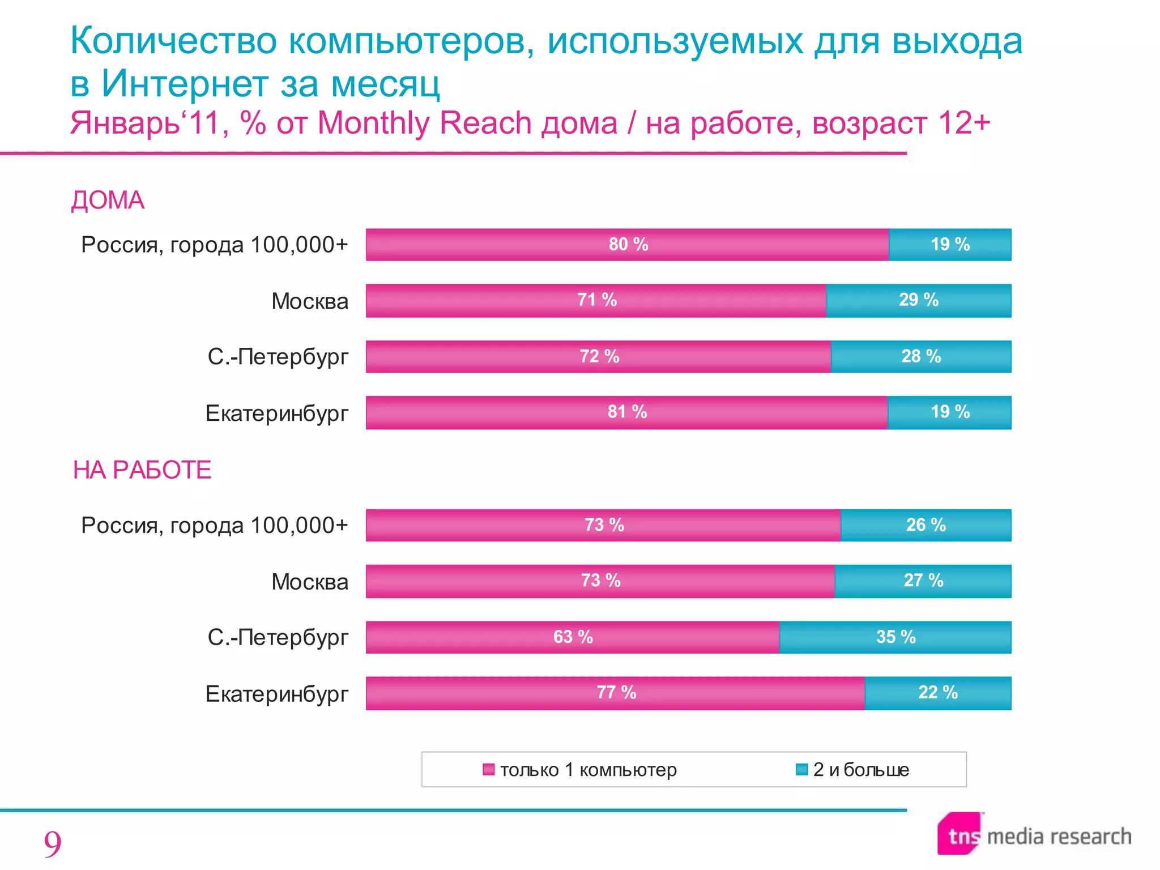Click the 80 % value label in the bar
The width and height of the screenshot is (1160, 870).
point(628,245)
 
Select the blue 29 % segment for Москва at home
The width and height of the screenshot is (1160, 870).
point(918,300)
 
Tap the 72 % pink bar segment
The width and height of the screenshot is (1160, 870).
point(598,356)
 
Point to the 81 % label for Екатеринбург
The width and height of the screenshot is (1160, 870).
point(627,412)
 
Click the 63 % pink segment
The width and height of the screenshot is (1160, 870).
point(572,637)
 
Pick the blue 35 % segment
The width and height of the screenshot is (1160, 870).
point(895,637)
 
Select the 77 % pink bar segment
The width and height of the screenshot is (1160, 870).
point(615,692)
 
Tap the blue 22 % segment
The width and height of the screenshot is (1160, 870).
point(937,692)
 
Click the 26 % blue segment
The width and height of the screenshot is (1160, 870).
point(926,525)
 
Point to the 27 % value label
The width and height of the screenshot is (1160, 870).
point(923,581)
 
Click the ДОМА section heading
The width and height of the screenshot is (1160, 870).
point(108,201)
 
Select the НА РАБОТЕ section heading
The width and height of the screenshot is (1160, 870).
point(142,470)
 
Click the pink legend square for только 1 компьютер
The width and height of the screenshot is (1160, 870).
point(488,769)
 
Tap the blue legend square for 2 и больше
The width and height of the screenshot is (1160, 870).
point(801,769)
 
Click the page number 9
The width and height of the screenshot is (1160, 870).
point(52,844)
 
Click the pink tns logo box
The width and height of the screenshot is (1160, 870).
point(959,834)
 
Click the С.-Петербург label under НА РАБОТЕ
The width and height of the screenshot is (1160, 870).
point(278,637)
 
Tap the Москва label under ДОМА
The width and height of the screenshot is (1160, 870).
point(309,301)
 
